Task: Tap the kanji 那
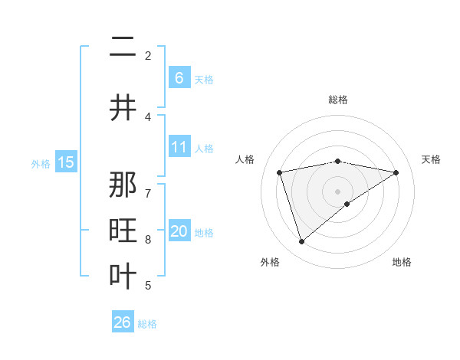[x=123, y=186]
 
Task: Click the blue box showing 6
[x=179, y=77]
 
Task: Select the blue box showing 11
[x=179, y=147]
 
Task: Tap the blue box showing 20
[x=179, y=232]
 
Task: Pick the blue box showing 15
[x=66, y=162]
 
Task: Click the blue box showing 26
[x=123, y=322]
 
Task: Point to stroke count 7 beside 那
[x=148, y=185]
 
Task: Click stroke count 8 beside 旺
[x=148, y=240]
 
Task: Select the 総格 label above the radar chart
[x=338, y=100]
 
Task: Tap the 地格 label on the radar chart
[x=402, y=262]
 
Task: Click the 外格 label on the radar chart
[x=270, y=262]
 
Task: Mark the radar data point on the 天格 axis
[x=396, y=172]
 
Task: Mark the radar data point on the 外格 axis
[x=301, y=242]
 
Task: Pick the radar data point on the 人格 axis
[x=280, y=172]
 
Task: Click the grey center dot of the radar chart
[x=338, y=191]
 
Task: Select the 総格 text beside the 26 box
[x=147, y=323]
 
